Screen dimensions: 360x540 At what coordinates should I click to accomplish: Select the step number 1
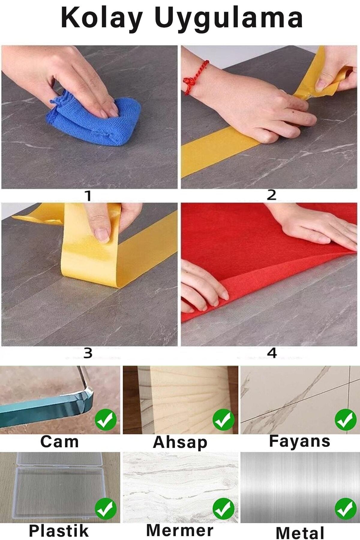tap(88, 196)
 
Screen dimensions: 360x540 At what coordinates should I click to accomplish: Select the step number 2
tap(271, 195)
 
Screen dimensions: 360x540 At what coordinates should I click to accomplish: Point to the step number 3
tap(88, 353)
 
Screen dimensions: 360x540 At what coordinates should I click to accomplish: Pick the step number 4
tap(272, 353)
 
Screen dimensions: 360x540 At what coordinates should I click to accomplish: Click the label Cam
tap(59, 442)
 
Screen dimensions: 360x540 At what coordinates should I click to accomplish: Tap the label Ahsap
tap(180, 442)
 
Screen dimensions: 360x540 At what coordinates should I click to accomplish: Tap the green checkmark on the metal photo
tap(346, 509)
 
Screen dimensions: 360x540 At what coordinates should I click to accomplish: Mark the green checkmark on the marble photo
tap(223, 509)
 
